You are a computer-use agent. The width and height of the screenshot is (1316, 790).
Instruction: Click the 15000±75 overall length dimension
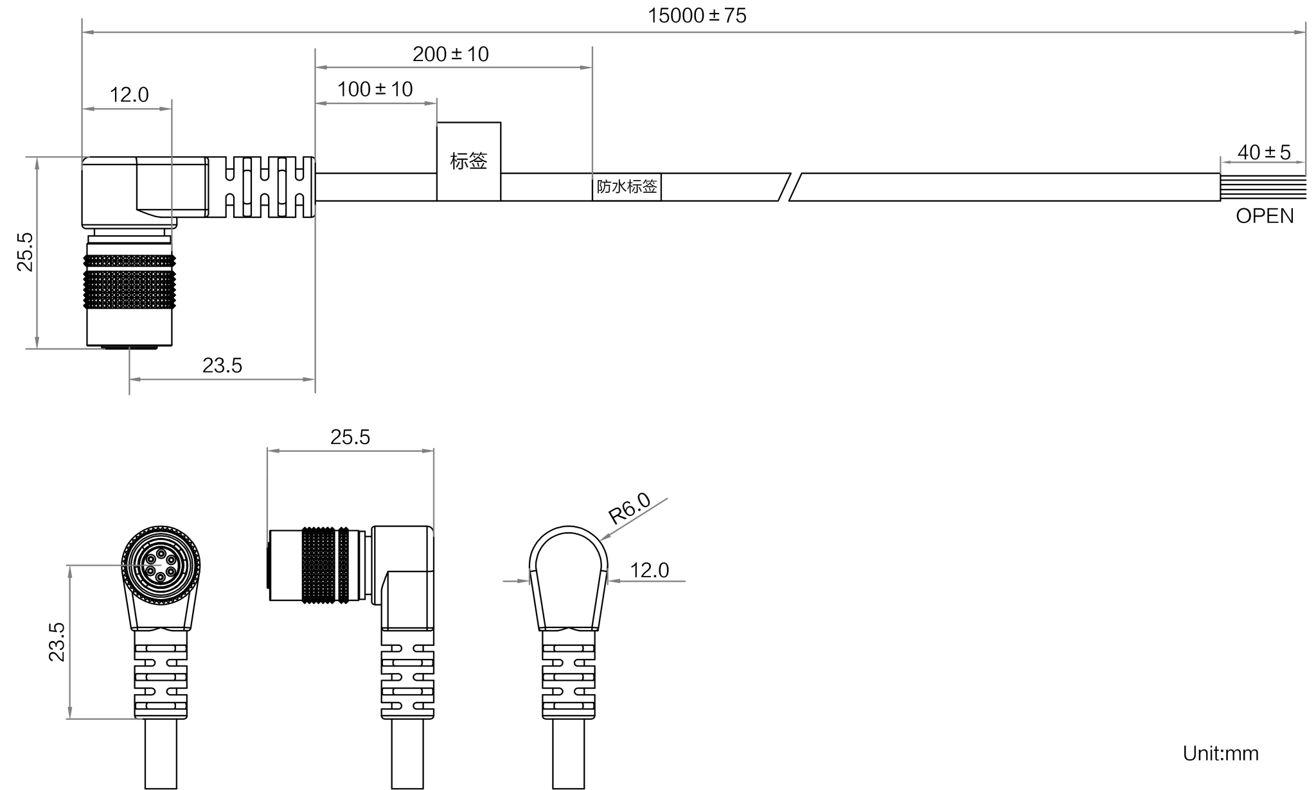[697, 15]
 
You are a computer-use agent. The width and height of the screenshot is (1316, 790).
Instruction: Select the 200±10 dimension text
[450, 54]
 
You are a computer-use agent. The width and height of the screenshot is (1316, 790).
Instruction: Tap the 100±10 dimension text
[376, 89]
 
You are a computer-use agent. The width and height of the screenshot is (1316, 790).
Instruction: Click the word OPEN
[1265, 216]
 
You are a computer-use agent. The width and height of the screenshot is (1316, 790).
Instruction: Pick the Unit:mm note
[1220, 753]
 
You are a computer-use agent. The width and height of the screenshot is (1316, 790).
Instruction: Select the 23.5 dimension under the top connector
[222, 366]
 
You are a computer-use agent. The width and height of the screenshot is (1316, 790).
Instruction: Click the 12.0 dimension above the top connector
[129, 96]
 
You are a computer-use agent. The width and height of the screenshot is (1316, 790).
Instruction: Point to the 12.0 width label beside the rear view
[649, 570]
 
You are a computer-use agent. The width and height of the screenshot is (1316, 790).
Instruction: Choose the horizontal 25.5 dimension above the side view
[350, 437]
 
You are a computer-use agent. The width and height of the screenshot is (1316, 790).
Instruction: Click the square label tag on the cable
[469, 161]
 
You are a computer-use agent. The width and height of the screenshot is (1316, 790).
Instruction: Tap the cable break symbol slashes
[788, 187]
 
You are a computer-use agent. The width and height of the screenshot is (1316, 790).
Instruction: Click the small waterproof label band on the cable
[627, 187]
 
